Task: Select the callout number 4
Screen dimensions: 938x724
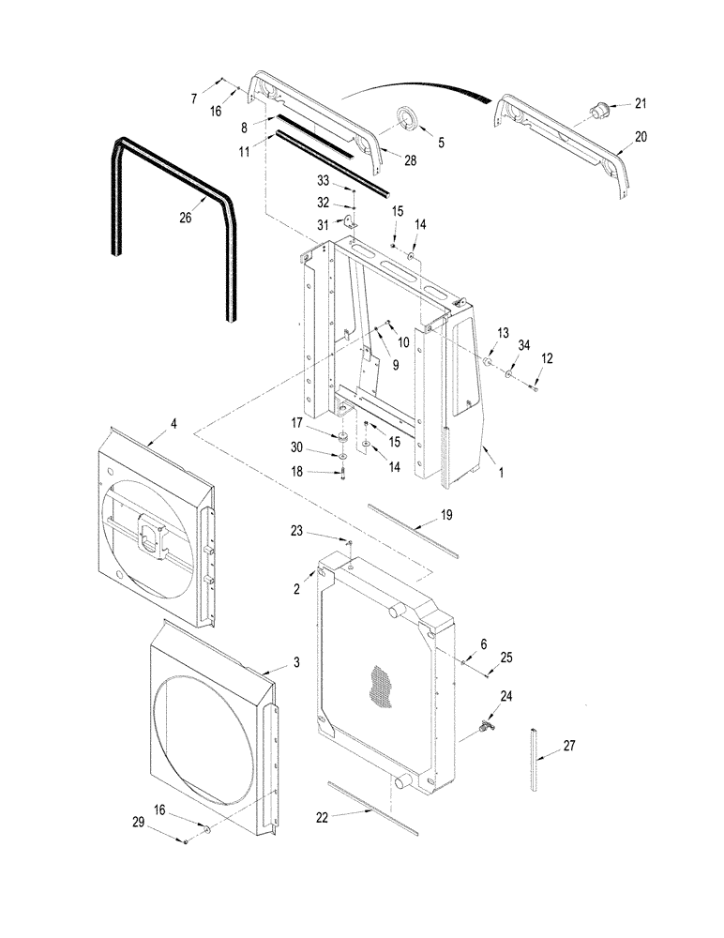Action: click(173, 423)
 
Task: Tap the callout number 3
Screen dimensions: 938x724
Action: click(295, 663)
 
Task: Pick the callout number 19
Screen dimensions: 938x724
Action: click(447, 516)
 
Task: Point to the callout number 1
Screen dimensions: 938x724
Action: click(501, 475)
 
